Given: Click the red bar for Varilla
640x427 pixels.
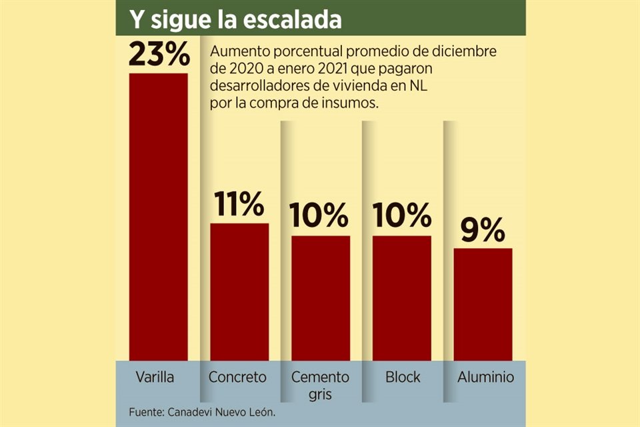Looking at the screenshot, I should (159, 217).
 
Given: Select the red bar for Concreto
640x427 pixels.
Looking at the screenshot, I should (239, 292).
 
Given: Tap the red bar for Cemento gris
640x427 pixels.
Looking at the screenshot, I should (321, 298).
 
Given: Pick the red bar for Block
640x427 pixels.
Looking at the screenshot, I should (402, 298).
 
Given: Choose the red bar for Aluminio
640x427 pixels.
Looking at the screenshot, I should (483, 304).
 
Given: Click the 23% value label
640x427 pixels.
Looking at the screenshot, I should (159, 55).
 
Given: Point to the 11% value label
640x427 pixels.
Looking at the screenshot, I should (239, 205).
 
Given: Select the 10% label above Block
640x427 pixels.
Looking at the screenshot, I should (402, 217).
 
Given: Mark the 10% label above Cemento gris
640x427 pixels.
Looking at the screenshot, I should (321, 217).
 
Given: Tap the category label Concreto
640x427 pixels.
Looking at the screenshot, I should (237, 377).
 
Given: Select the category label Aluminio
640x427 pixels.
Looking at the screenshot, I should (486, 377).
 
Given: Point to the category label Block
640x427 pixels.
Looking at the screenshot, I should (403, 377).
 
